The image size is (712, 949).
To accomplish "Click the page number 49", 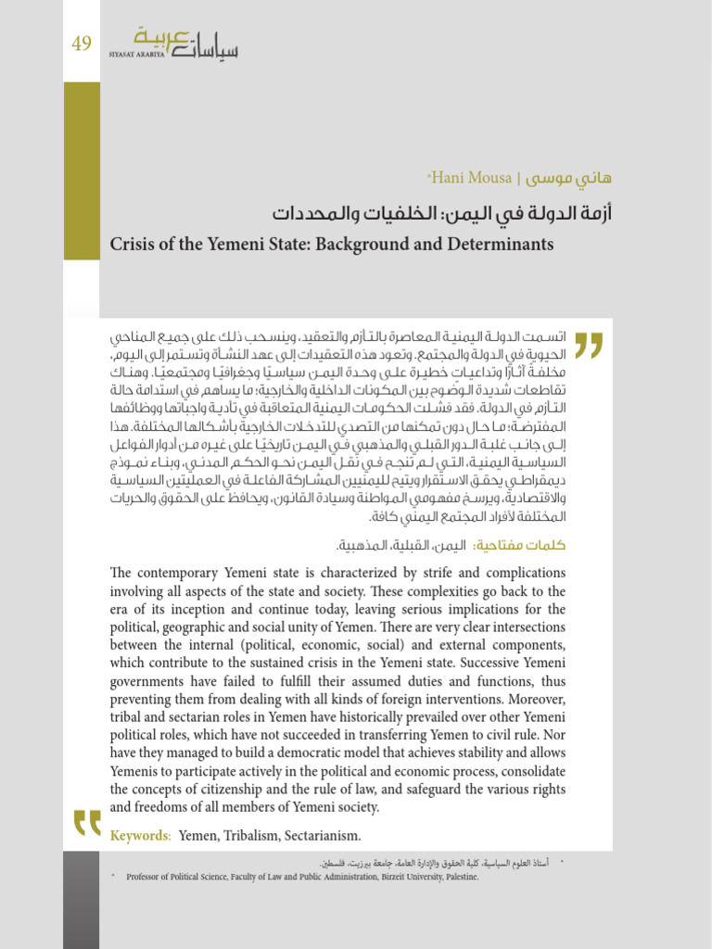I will (x=82, y=44).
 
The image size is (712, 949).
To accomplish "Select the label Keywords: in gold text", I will (x=141, y=836).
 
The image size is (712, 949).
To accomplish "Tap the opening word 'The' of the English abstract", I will (x=122, y=572).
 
